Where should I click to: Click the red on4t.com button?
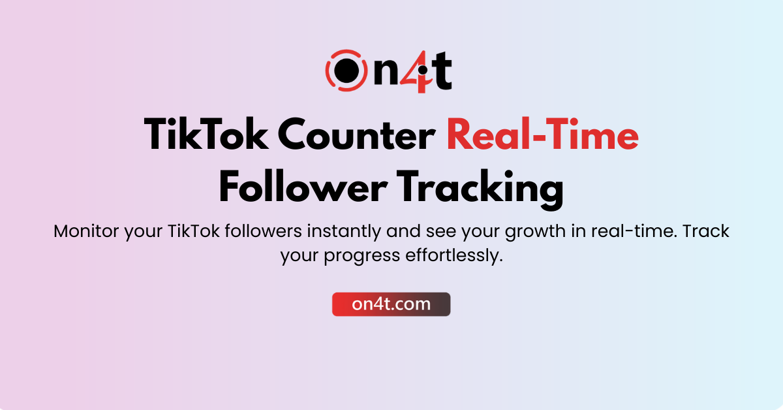391,304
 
